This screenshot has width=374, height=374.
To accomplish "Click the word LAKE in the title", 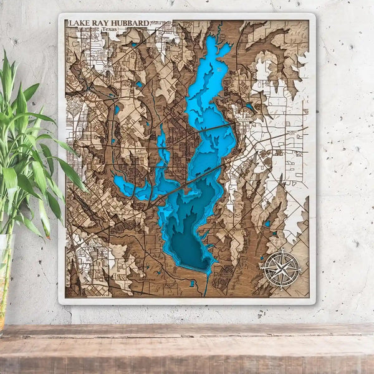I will pos(79,24).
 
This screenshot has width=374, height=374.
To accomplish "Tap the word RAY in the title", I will pos(101,24).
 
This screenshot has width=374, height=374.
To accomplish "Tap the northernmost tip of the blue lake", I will pos(213,39).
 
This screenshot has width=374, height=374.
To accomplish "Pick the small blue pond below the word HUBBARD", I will pos(133,45).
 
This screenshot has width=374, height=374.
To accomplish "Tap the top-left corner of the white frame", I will pos(60,14).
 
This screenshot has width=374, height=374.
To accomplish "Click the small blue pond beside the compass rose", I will pos(267,224).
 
